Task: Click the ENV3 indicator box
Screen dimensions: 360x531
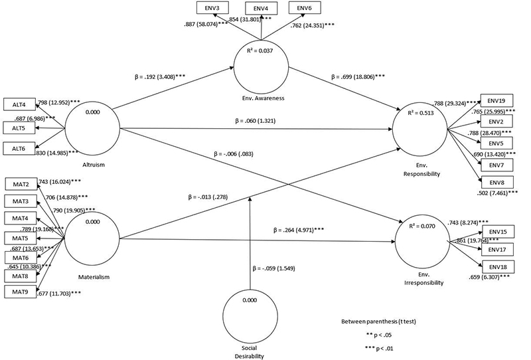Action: pos(212,7)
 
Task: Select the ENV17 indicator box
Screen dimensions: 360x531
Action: pos(496,248)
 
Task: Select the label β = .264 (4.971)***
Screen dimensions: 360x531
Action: pos(298,230)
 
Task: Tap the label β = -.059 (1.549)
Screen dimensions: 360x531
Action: pos(273,269)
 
